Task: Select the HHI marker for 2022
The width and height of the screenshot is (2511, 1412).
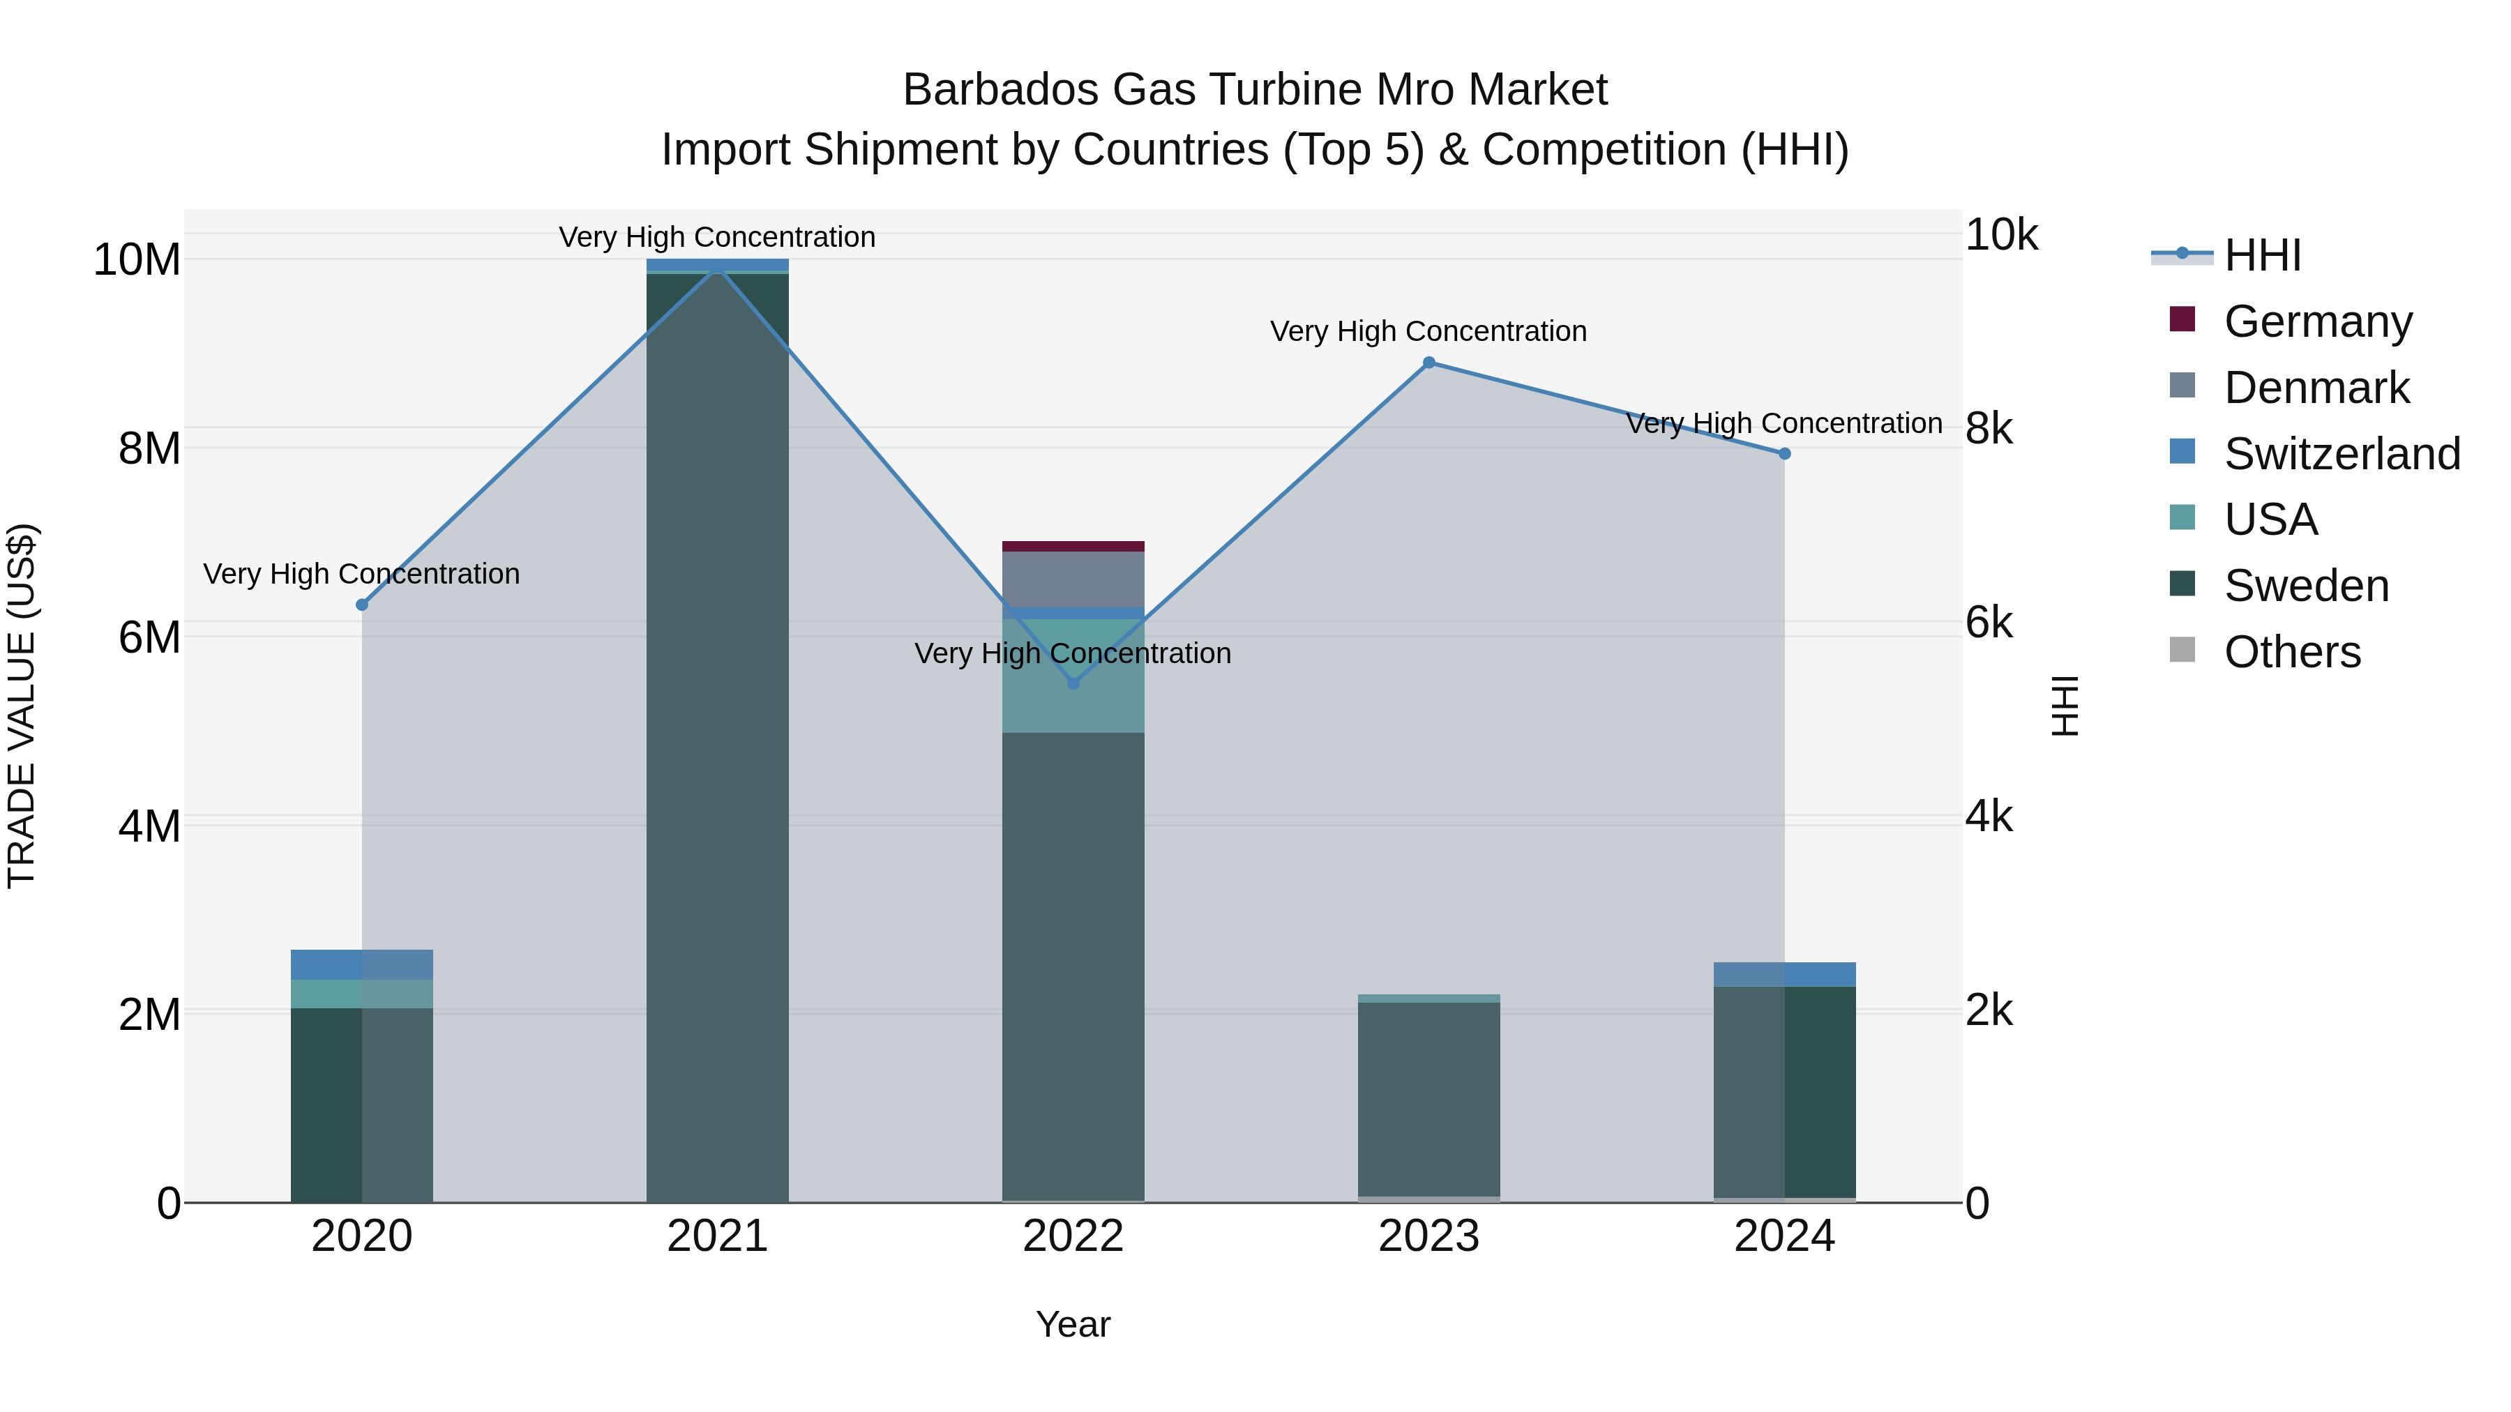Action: coord(1073,683)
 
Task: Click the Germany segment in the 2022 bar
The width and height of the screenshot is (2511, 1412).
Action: coord(1073,546)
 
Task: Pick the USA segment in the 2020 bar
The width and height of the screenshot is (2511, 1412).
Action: coord(361,993)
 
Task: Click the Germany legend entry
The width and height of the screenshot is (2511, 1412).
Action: coord(2317,321)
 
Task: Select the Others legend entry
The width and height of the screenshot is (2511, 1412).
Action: coord(2292,651)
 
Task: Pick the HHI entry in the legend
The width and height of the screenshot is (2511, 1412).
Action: coord(2261,255)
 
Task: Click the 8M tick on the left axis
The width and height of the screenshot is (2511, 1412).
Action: coord(148,448)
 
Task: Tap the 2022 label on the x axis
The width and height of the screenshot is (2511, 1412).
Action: coord(1073,1236)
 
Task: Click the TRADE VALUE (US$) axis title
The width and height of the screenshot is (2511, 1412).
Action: coord(22,706)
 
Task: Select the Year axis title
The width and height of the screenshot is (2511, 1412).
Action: coord(1073,1323)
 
